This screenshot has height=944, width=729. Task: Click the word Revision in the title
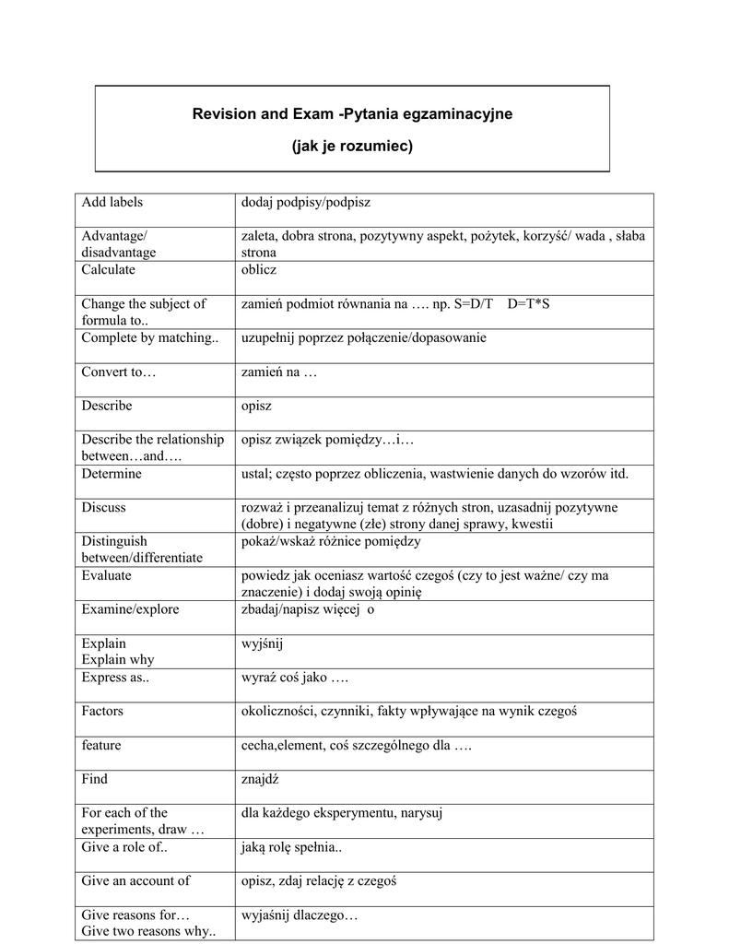pos(222,114)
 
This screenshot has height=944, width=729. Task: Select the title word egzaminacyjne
pos(464,114)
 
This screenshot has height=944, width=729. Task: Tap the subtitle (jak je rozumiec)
pos(352,147)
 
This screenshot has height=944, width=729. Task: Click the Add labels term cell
pos(112,202)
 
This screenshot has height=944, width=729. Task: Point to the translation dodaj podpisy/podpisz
pos(305,202)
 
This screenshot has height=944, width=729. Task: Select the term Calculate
pos(108,270)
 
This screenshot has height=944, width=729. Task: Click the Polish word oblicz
pos(259,270)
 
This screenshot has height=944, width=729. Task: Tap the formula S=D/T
pos(474,304)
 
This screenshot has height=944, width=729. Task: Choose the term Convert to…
pos(119,372)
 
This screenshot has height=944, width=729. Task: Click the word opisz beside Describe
pos(257,407)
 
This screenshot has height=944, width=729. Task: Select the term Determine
pos(112,474)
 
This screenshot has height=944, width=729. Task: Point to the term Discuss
pos(103,508)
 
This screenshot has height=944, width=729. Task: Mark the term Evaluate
pos(106,575)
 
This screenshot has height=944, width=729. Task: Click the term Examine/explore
pos(130,609)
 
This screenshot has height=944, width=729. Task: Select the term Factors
pos(102,711)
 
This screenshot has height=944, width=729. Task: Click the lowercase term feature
pos(100,745)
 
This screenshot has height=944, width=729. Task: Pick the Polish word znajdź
pos(260,779)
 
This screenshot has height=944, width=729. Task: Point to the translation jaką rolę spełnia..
pos(290,847)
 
